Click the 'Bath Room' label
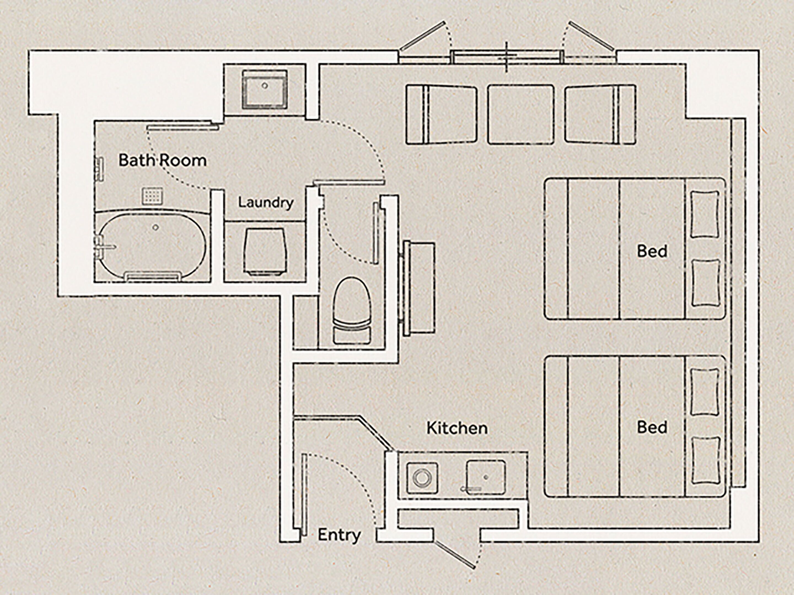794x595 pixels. click(163, 160)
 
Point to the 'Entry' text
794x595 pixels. click(339, 535)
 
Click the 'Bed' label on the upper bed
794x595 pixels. click(652, 251)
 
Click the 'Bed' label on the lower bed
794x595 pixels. click(652, 428)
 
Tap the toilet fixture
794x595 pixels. click(352, 310)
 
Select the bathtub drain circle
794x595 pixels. click(156, 227)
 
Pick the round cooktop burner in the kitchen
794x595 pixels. click(422, 478)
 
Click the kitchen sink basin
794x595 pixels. click(486, 477)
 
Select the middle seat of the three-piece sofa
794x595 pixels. click(521, 115)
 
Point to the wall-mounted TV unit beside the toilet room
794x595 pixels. click(419, 289)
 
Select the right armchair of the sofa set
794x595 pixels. click(600, 115)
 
